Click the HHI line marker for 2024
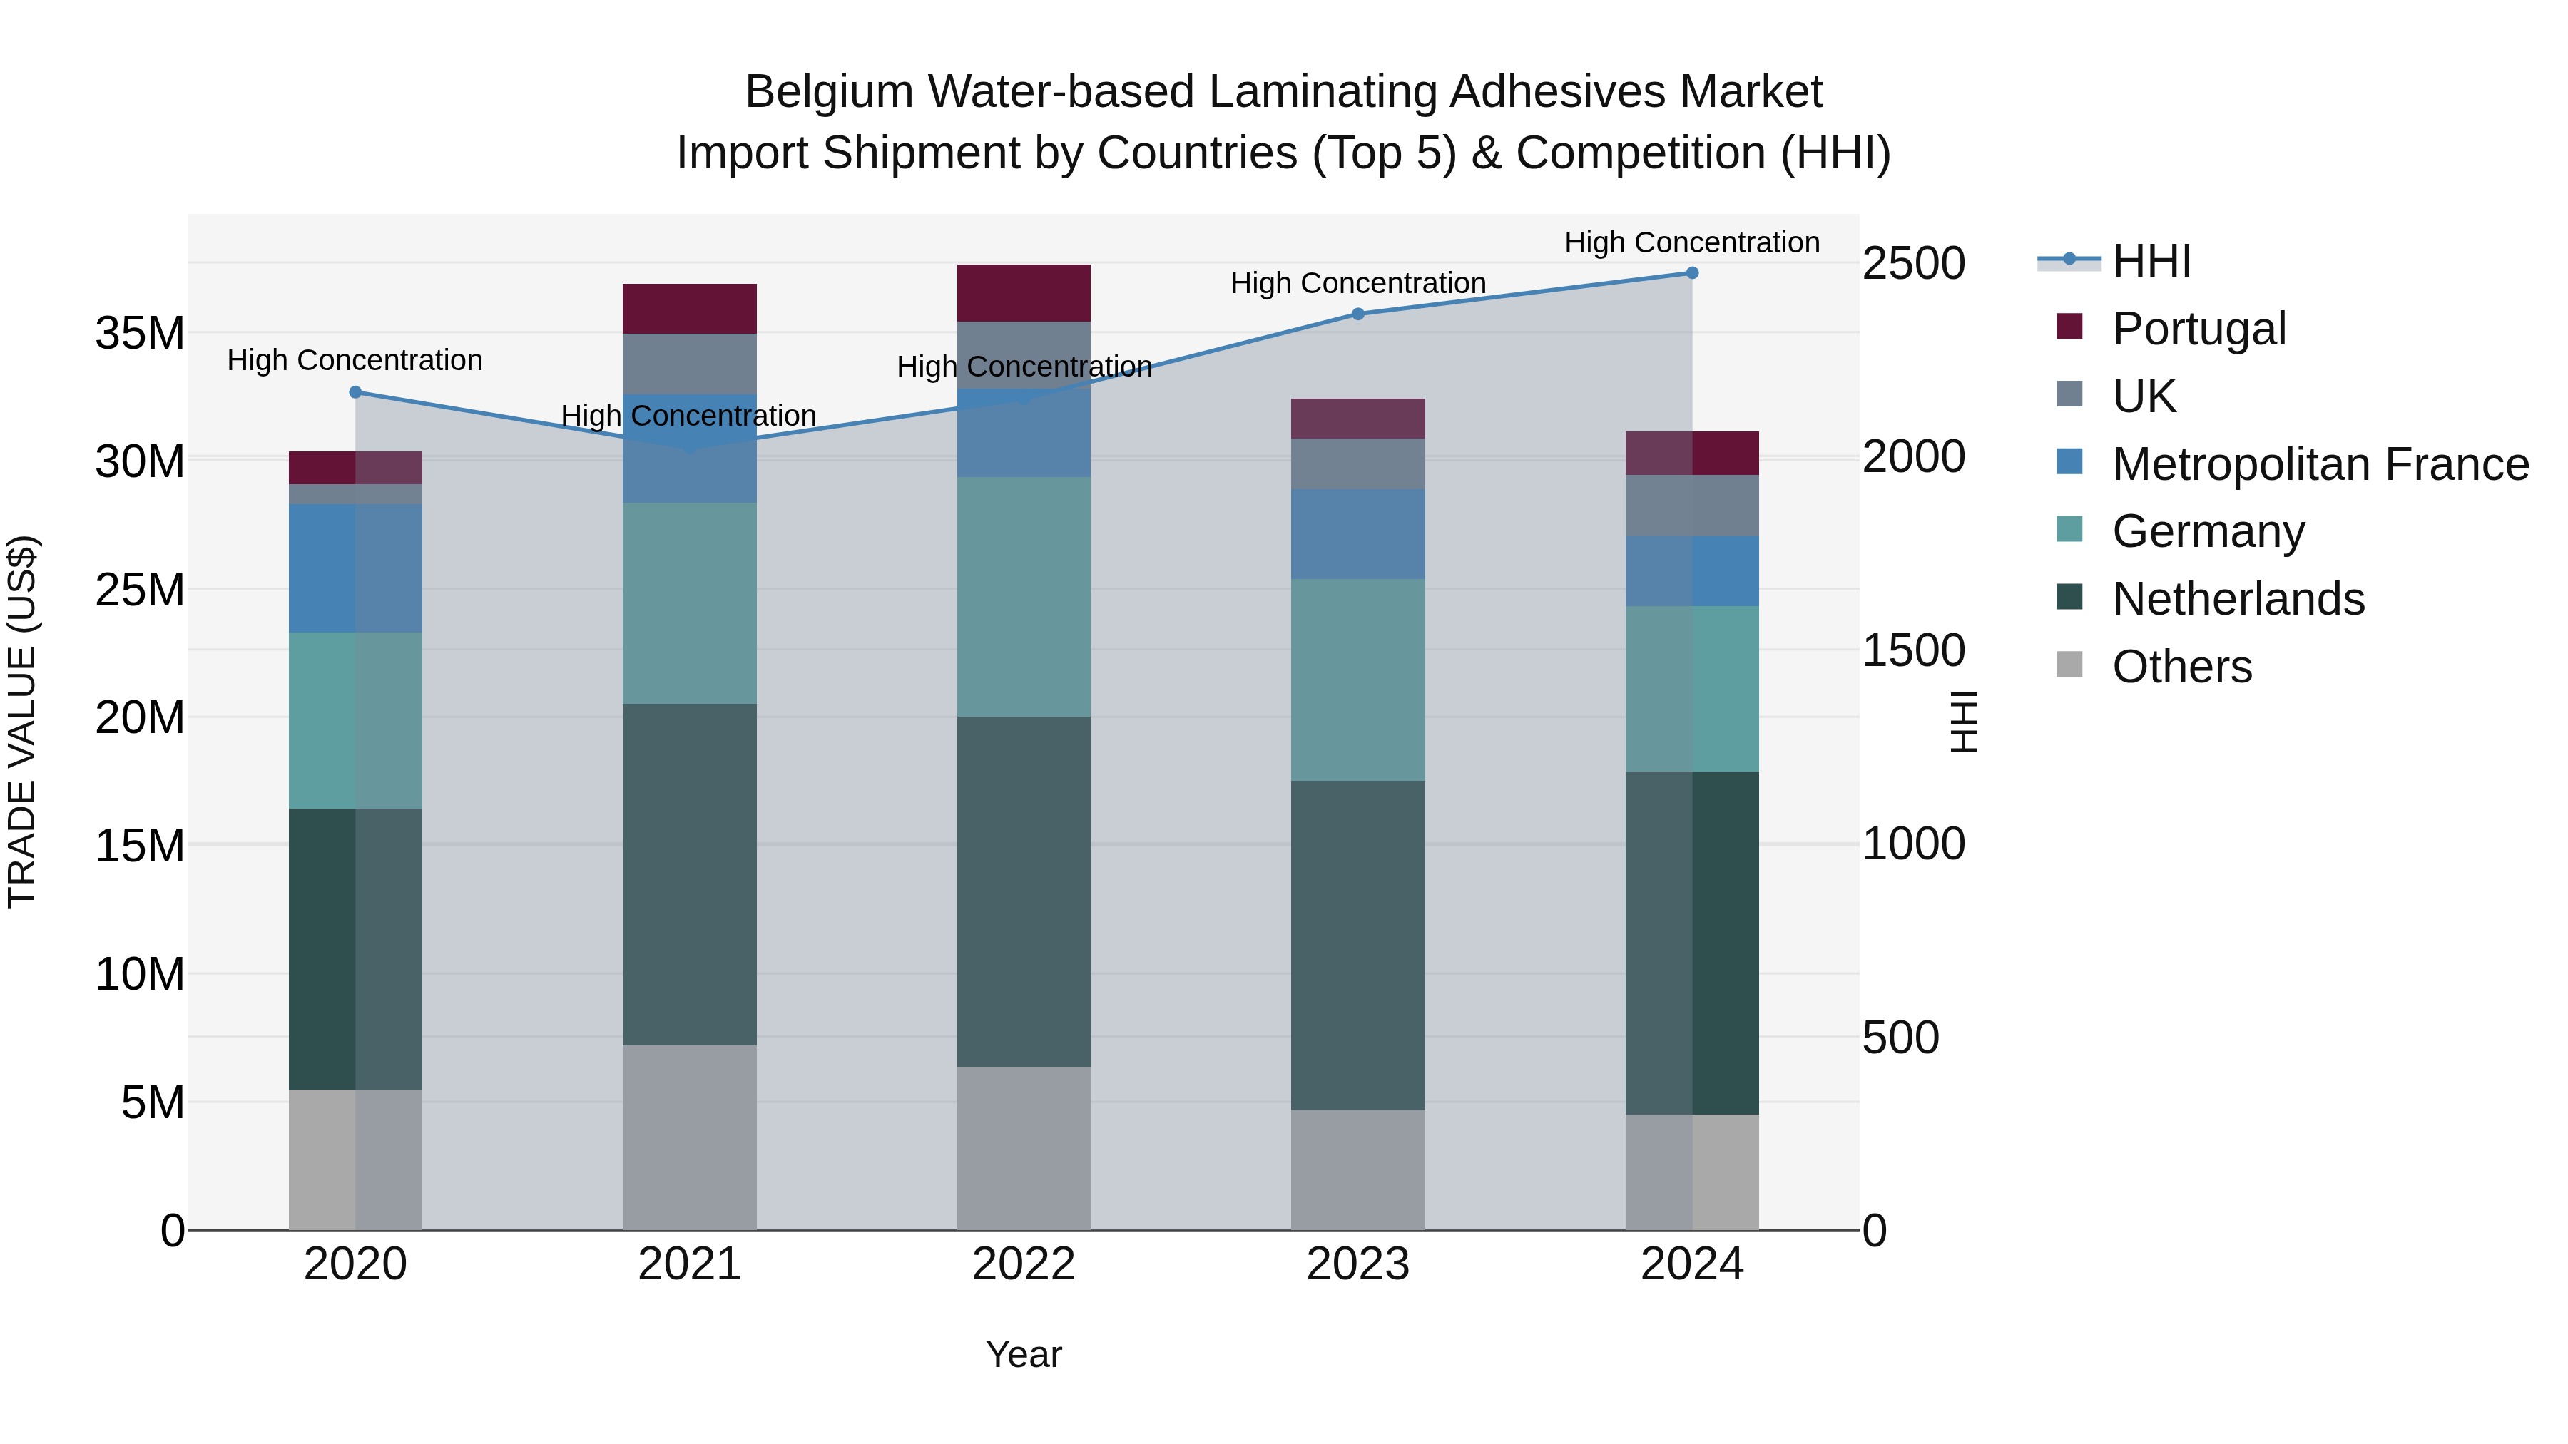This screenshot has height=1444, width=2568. pos(1692,272)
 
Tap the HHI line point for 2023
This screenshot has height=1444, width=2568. pos(1357,314)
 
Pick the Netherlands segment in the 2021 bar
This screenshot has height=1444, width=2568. pos(689,874)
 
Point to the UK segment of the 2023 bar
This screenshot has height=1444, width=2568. pos(1357,464)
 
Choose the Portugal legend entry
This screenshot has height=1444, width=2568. pos(2198,329)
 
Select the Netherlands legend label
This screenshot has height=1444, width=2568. pos(2238,599)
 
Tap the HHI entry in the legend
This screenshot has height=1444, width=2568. pos(2151,261)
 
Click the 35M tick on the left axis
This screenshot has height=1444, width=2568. pos(140,333)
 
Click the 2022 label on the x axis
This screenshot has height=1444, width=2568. pos(1023,1264)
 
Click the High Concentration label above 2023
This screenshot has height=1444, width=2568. pos(1357,283)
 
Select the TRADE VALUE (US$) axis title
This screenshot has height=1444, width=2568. pos(22,722)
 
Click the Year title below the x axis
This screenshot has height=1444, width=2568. pos(1023,1354)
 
